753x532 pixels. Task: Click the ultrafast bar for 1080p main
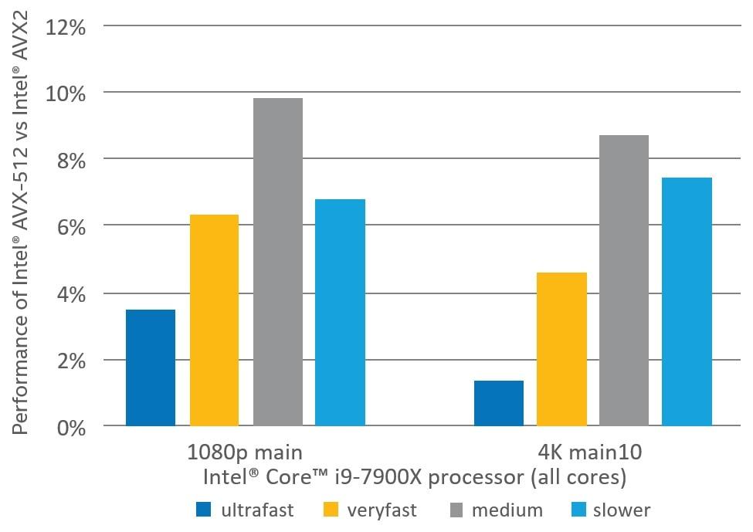pyautogui.click(x=151, y=368)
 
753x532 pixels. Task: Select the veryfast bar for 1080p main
pyautogui.click(x=214, y=320)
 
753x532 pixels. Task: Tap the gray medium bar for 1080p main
pyautogui.click(x=277, y=262)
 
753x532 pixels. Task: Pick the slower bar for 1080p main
pyautogui.click(x=341, y=313)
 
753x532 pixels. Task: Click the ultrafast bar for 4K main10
pyautogui.click(x=498, y=403)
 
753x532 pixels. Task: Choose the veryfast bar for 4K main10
pyautogui.click(x=561, y=349)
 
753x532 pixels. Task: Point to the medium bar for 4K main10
pyautogui.click(x=624, y=280)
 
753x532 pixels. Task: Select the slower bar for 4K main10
pyautogui.click(x=687, y=302)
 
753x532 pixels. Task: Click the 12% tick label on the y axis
pyautogui.click(x=69, y=28)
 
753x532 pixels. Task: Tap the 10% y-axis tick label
pyautogui.click(x=69, y=94)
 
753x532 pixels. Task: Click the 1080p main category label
pyautogui.click(x=245, y=451)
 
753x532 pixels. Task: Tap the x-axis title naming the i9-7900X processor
pyautogui.click(x=414, y=478)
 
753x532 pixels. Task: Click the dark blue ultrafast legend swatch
pyautogui.click(x=204, y=510)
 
